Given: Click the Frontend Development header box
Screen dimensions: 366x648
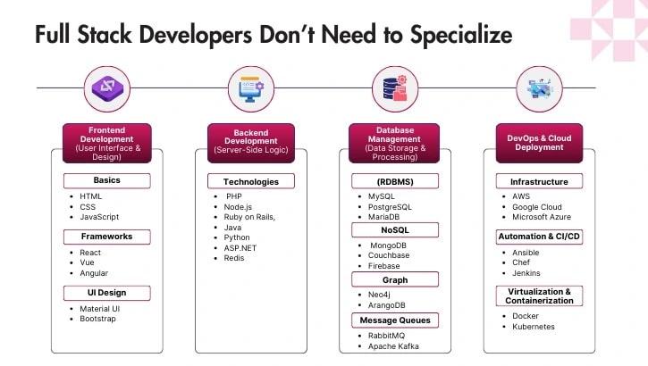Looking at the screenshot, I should coord(106,143).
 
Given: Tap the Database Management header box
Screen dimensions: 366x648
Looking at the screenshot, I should coord(394,143).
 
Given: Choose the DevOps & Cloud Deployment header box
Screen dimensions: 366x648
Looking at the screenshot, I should coord(539,143).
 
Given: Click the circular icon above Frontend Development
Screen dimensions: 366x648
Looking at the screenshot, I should coord(106,88).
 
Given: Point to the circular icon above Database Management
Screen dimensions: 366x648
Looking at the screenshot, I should coord(394,88).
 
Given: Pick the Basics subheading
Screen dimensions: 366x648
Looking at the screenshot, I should coord(106,180).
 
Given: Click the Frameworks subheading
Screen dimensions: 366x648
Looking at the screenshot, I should coord(106,237).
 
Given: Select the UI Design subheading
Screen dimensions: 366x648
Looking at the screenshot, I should coord(106,293).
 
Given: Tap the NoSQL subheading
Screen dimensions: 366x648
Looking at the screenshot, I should coord(394,230).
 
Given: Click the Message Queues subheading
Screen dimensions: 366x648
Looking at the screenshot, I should coord(394,320).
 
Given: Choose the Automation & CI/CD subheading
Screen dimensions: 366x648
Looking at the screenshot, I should coord(539,237).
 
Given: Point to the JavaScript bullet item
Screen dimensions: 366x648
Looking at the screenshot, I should coord(99,217).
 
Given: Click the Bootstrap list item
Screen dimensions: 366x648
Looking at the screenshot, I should coord(97,319).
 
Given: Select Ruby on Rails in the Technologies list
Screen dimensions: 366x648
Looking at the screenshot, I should coord(249,217).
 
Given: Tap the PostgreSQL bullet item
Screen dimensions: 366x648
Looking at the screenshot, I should coord(390,206).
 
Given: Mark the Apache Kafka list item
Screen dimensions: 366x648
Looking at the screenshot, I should coord(393,345).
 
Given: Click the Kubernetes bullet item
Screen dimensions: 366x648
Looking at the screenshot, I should coord(534,327).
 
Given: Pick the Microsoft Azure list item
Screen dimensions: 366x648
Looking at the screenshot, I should coord(541,217).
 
